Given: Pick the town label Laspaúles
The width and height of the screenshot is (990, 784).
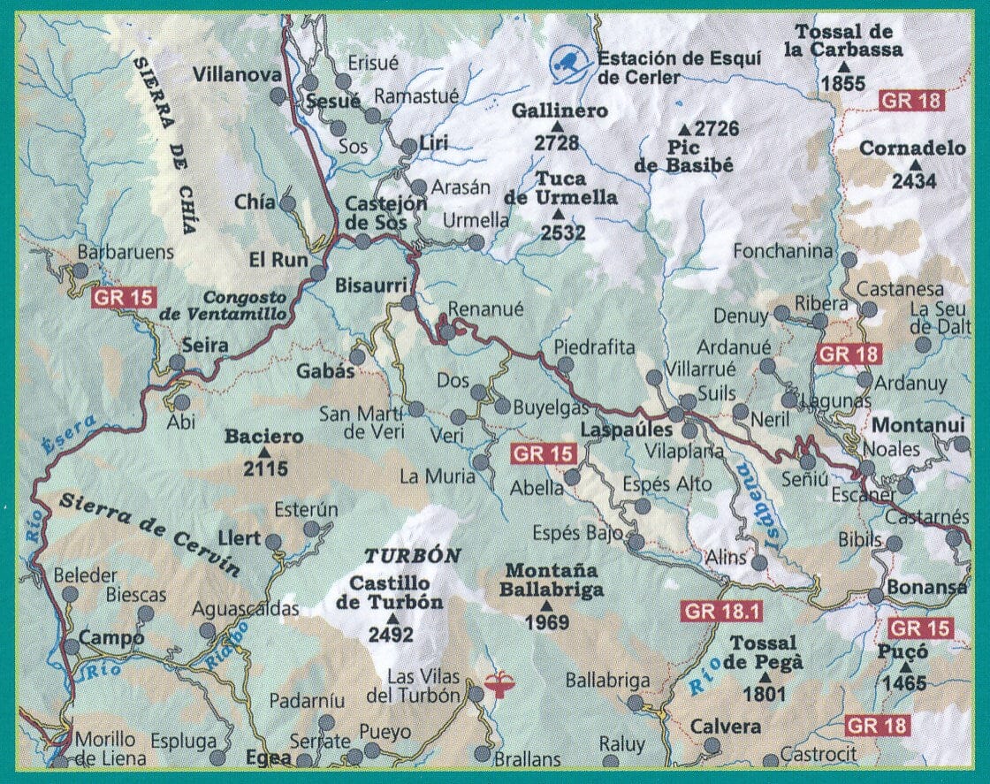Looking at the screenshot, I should pyautogui.click(x=627, y=430).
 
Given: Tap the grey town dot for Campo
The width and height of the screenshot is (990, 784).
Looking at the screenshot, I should pyautogui.click(x=72, y=647).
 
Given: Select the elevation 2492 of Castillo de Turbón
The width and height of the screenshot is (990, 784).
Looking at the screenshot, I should pyautogui.click(x=391, y=635).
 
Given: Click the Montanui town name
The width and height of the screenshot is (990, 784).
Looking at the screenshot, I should pyautogui.click(x=918, y=425).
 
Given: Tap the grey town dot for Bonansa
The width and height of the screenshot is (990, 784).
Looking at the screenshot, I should pyautogui.click(x=875, y=595).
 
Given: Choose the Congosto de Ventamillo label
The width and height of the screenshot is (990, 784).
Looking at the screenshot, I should pyautogui.click(x=247, y=306).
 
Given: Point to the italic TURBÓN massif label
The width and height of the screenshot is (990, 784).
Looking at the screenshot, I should pyautogui.click(x=414, y=556).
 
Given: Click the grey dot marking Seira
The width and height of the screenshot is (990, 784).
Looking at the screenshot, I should pyautogui.click(x=178, y=362).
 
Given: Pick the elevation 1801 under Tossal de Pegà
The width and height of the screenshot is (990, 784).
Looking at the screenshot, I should pyautogui.click(x=765, y=694).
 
